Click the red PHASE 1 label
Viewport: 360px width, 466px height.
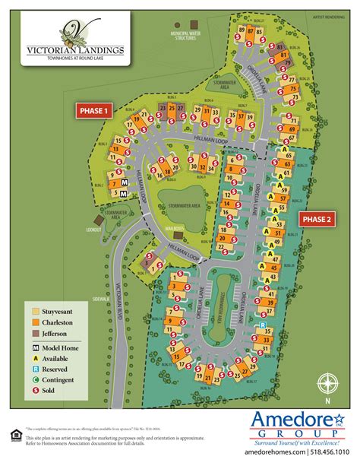pos(93,110)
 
